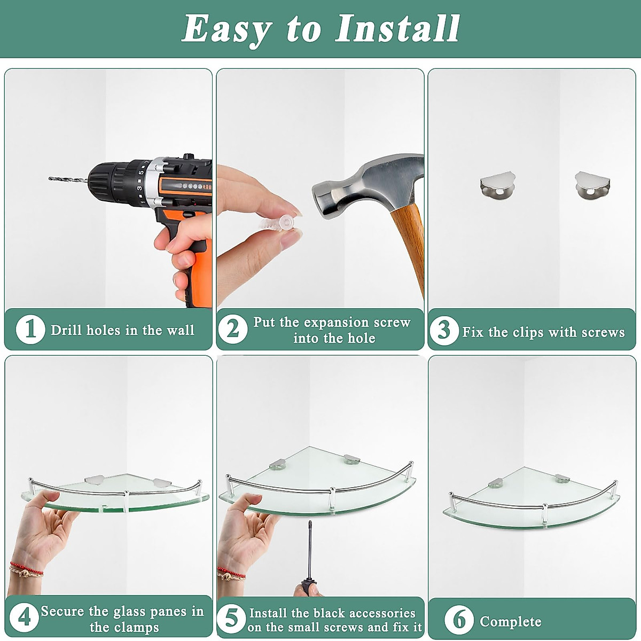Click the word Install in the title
pos(397,29)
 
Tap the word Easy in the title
pos(226,30)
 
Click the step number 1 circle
pos(30,330)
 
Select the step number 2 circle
pos(233,330)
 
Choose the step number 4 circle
pos(24,617)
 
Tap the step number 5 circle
pos(231,619)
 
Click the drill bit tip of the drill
pos(50,178)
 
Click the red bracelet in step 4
pos(26,569)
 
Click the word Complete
pos(511,621)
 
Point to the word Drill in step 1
pos(67,330)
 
